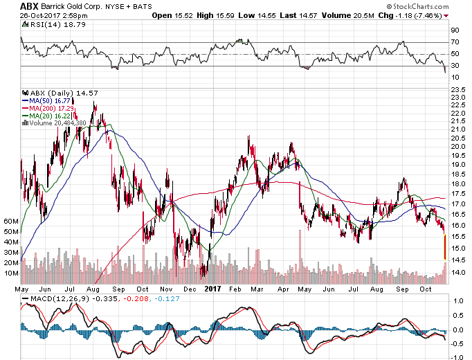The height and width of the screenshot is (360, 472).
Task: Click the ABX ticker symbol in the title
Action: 10,5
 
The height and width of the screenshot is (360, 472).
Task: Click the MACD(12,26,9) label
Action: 52,298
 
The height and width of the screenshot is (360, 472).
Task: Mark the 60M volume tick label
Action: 10,221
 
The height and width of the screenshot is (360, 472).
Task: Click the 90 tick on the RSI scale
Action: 455,30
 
